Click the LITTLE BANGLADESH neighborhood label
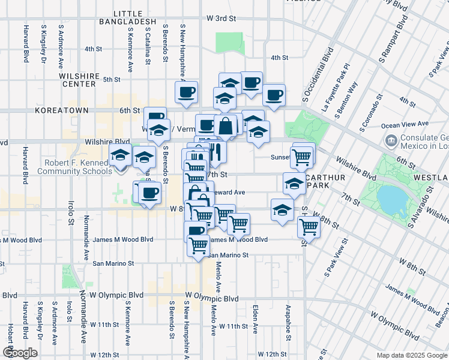pyautogui.click(x=130, y=17)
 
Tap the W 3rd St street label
pyautogui.click(x=220, y=19)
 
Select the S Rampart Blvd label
pyautogui.click(x=393, y=39)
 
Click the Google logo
pyautogui.click(x=20, y=353)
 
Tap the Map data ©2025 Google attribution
pyautogui.click(x=412, y=355)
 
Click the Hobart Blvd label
pyautogui.click(x=11, y=339)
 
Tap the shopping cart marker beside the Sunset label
pyautogui.click(x=302, y=157)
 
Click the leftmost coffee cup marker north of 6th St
pyautogui.click(x=186, y=92)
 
